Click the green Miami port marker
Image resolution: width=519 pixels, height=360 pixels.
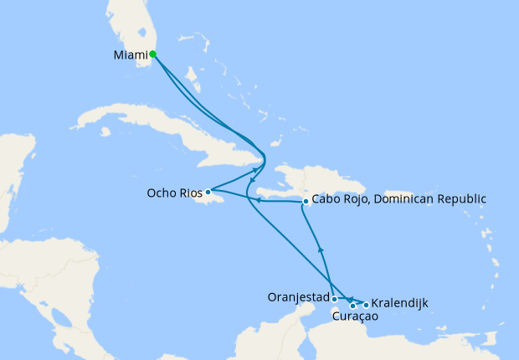pyautogui.click(x=152, y=54)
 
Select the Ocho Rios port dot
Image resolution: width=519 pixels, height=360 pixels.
pyautogui.click(x=208, y=192)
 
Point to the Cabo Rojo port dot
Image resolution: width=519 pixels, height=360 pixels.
pyautogui.click(x=306, y=202)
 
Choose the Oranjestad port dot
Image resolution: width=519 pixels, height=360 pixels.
pyautogui.click(x=334, y=299)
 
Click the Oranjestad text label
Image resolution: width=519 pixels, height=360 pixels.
pyautogui.click(x=297, y=297)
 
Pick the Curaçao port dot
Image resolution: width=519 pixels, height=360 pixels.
pyautogui.click(x=352, y=306)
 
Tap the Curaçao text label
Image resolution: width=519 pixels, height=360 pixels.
pyautogui.click(x=355, y=317)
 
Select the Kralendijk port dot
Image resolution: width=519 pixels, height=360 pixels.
pyautogui.click(x=366, y=305)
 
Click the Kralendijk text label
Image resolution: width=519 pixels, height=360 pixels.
pyautogui.click(x=400, y=302)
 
